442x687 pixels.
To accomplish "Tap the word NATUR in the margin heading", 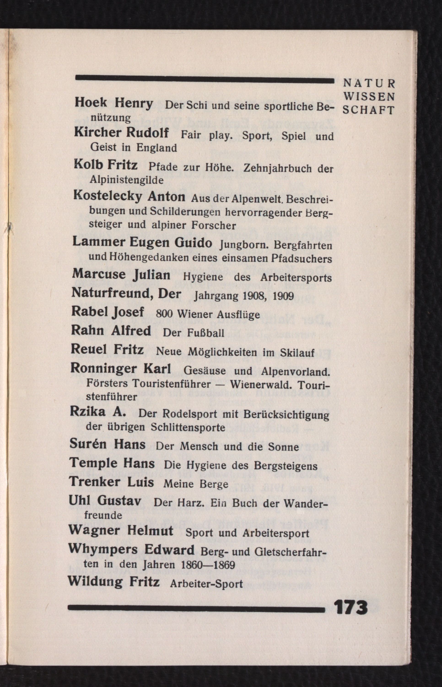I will (x=369, y=84).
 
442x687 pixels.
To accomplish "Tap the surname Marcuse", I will (x=99, y=273).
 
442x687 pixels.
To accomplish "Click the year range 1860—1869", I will (x=208, y=565).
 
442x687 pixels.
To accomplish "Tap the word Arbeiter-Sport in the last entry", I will (x=206, y=583).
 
